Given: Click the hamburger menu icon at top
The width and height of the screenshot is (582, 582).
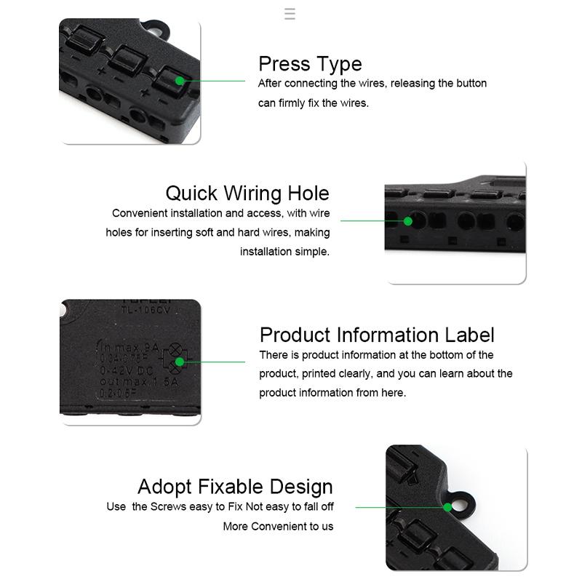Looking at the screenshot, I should click(290, 14).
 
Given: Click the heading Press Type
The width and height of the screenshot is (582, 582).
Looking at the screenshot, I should click(310, 64).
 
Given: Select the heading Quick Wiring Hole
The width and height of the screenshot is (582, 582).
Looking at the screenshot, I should click(247, 194).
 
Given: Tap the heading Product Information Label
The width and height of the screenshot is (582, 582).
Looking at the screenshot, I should click(377, 335).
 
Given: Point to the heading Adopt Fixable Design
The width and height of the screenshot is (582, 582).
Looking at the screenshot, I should click(235, 487).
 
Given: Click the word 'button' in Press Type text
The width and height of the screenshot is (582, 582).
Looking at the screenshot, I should click(470, 84).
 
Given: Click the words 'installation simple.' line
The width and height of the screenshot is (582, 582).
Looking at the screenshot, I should click(284, 252).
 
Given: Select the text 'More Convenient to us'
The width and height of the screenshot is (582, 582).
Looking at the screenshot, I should click(278, 526).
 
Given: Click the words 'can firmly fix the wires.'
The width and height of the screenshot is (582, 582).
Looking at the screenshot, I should click(313, 103).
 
